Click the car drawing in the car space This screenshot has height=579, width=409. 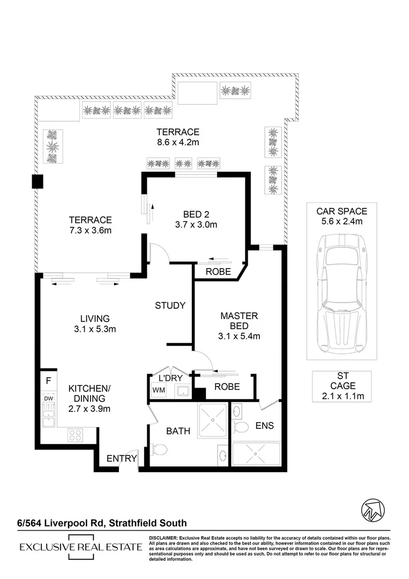[341, 295]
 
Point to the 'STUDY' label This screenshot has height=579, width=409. [170, 306]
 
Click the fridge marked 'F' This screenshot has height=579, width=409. [48, 382]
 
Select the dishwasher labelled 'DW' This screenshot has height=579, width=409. [48, 398]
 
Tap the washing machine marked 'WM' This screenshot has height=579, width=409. [159, 390]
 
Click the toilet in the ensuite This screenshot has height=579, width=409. [242, 427]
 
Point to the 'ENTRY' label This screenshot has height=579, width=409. [121, 458]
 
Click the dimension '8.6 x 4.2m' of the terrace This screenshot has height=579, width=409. [178, 142]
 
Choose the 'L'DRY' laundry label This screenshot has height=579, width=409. [169, 377]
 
